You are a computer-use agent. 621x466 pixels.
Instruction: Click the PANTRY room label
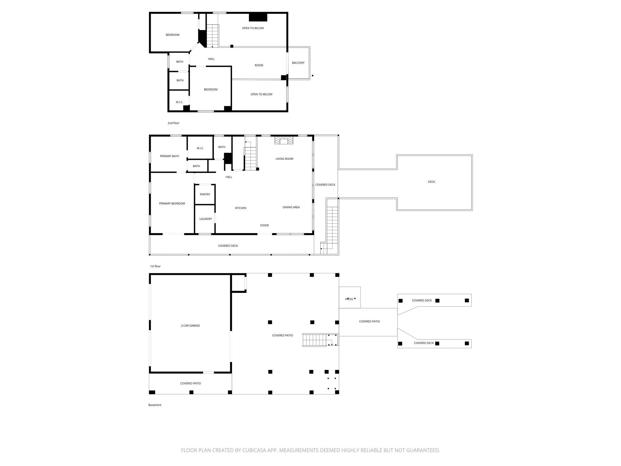(x=205, y=194)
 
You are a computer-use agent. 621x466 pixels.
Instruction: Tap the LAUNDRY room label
(x=206, y=219)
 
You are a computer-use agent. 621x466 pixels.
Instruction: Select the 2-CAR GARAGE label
(x=190, y=326)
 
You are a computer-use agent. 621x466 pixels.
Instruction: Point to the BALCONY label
(x=298, y=63)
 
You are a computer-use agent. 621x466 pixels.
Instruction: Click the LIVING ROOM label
(x=284, y=159)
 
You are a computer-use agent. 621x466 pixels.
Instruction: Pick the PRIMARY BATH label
(x=170, y=156)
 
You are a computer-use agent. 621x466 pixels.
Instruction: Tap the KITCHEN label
(x=241, y=208)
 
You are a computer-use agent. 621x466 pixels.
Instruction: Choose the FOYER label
(x=264, y=225)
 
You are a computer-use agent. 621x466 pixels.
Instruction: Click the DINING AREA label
(x=291, y=208)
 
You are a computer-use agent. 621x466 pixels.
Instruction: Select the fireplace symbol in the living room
(x=284, y=140)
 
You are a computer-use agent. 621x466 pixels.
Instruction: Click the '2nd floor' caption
(x=173, y=123)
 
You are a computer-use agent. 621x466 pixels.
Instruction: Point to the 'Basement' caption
(x=155, y=405)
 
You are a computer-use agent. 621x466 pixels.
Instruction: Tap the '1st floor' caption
(x=155, y=266)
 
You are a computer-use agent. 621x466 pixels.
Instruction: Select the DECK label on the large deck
(x=431, y=182)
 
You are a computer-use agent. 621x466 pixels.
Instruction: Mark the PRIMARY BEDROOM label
(x=172, y=204)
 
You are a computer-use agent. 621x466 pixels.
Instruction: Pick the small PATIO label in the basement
(x=349, y=299)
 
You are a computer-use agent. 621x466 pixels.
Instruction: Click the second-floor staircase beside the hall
(x=213, y=36)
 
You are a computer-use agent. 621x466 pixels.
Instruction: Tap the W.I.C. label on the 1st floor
(x=200, y=148)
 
